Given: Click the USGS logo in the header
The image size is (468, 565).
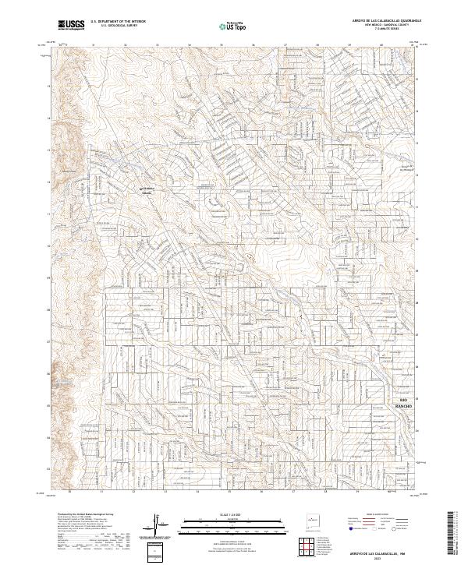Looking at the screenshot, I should [x=72, y=25].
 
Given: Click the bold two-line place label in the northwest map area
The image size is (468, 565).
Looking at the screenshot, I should [x=147, y=189].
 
